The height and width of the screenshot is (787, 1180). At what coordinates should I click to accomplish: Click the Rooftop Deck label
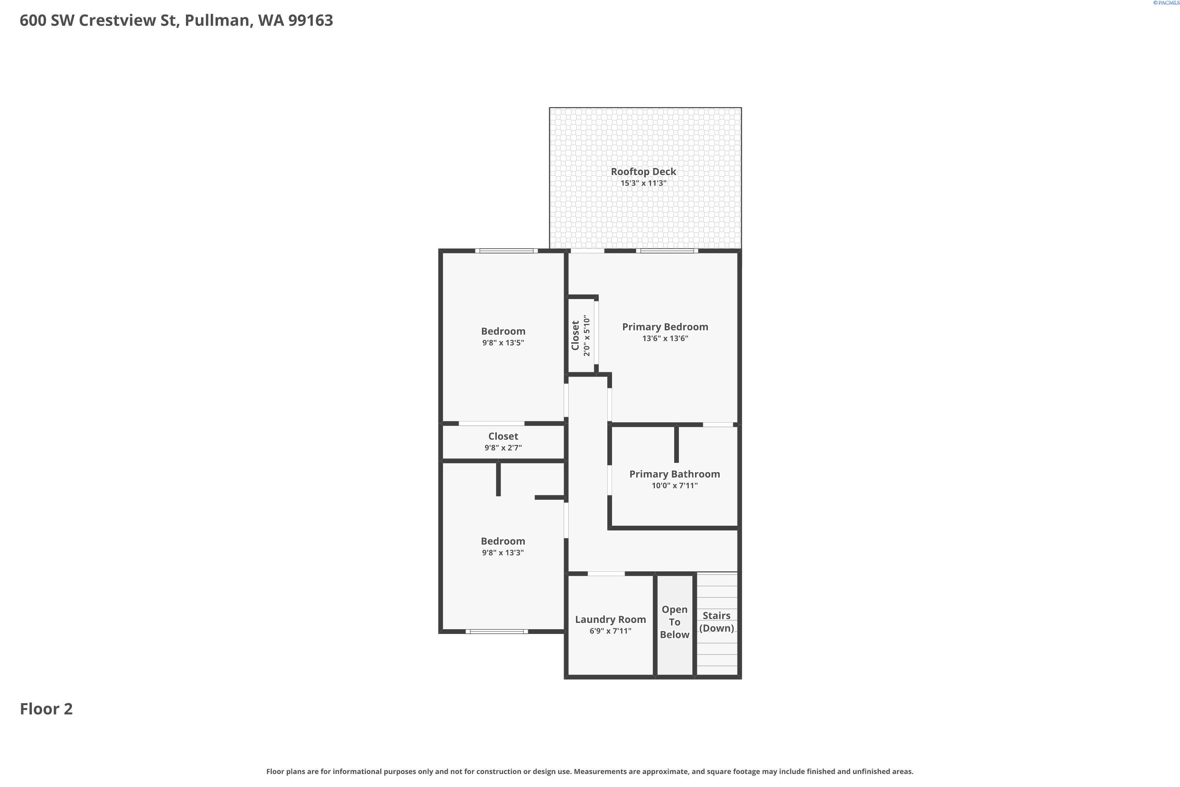click(x=643, y=172)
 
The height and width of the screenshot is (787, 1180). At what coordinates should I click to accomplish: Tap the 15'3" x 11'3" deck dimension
click(x=643, y=183)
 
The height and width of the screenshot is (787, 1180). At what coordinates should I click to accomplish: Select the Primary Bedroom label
click(x=665, y=327)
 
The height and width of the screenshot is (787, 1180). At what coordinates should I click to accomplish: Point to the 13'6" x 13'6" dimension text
click(x=665, y=338)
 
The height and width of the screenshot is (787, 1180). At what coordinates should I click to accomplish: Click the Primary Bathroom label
click(x=674, y=474)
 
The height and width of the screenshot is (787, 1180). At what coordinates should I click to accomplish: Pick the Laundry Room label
click(x=610, y=619)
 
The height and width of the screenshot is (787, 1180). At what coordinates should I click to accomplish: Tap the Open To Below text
click(x=674, y=622)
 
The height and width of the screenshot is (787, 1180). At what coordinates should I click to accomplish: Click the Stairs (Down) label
click(x=716, y=621)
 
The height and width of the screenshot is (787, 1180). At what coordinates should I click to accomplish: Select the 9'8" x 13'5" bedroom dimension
click(x=503, y=343)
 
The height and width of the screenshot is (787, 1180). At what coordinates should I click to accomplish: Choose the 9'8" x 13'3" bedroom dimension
click(x=503, y=552)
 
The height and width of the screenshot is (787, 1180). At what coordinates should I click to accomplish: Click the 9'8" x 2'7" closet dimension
click(x=503, y=448)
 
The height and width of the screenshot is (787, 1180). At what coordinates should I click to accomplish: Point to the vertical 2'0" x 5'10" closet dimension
click(x=586, y=335)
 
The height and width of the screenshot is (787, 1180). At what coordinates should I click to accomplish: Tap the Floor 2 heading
click(x=46, y=709)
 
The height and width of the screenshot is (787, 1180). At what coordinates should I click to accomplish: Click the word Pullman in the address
click(x=217, y=20)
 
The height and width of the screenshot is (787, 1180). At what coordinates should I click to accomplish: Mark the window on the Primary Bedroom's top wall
click(x=667, y=250)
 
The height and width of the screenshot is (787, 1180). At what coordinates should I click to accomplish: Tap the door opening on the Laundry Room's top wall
click(x=606, y=573)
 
